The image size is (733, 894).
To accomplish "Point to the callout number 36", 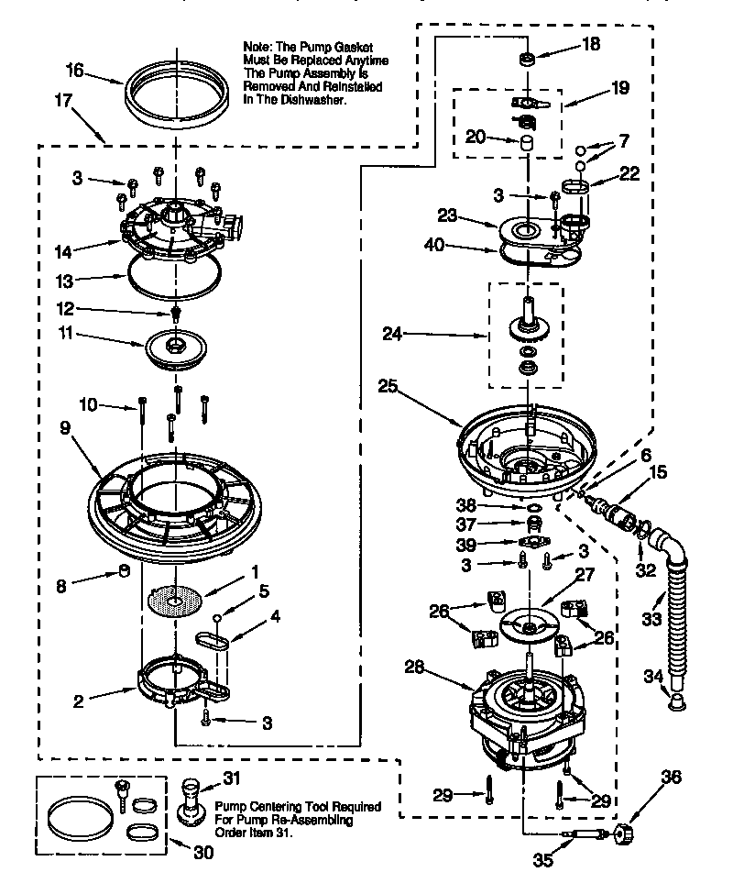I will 672,777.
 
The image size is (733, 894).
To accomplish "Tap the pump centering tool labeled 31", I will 191,803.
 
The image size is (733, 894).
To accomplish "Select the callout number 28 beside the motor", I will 416,668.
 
